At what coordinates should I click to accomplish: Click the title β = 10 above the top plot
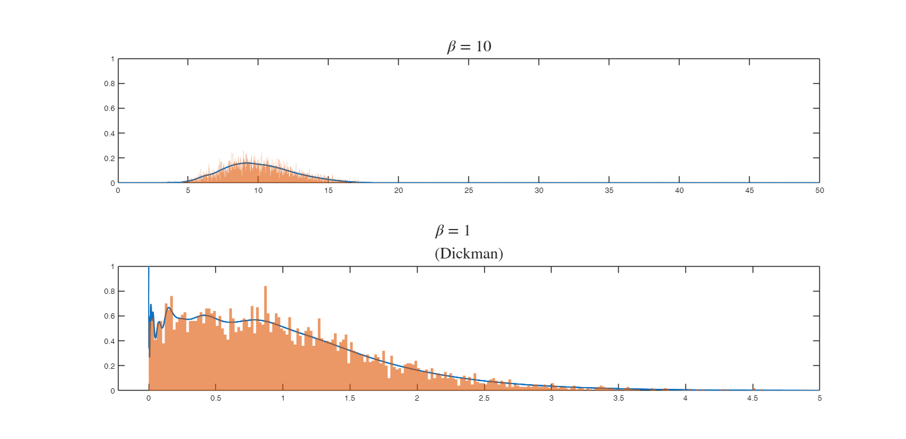468,47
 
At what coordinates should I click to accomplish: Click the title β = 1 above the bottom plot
452,231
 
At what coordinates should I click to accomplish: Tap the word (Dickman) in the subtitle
468,254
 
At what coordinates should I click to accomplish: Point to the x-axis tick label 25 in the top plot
468,191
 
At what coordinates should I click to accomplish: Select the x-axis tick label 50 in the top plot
819,191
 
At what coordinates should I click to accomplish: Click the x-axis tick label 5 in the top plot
188,191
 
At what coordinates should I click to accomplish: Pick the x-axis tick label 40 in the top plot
679,191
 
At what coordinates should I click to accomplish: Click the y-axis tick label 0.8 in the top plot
110,84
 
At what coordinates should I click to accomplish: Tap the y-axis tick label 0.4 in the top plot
110,133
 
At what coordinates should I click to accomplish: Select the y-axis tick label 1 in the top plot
112,59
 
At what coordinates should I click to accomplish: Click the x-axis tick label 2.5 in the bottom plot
484,398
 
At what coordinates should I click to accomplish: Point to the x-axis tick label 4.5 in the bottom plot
752,398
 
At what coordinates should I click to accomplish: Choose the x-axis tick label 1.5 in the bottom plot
350,398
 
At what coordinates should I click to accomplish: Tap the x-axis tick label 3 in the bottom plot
551,398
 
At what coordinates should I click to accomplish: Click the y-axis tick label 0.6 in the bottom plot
110,316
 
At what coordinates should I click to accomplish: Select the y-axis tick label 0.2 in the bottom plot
110,366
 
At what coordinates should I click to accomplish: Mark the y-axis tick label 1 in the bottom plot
112,267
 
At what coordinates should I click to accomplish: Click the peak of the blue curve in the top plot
247,163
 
